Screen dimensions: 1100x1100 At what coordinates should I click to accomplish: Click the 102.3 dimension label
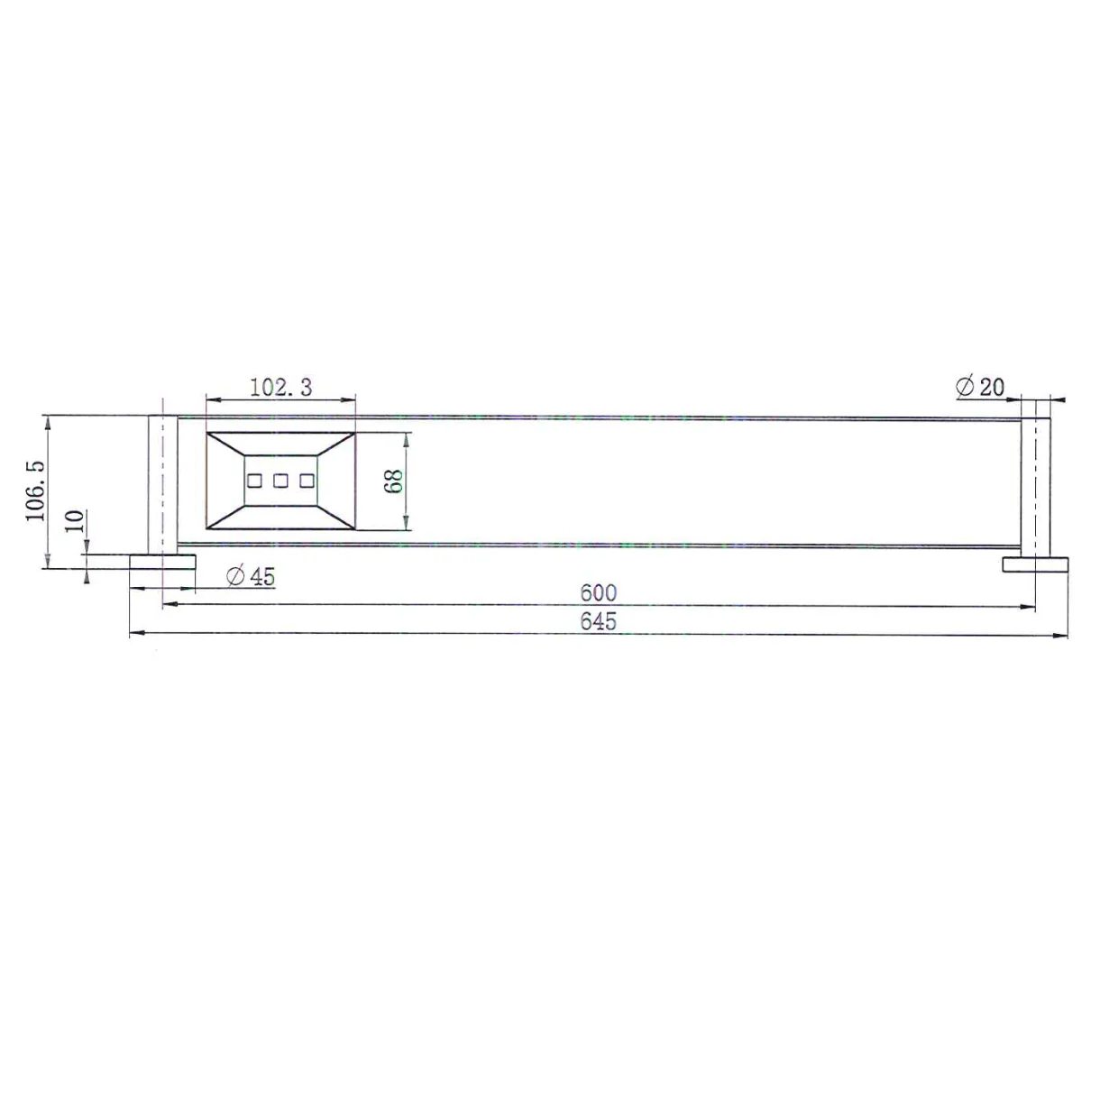tap(280, 388)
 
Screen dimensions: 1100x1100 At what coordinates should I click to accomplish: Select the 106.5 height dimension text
tap(35, 490)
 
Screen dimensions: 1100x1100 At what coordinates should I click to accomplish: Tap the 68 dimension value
tap(393, 481)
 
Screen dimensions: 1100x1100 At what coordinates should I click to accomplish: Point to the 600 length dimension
tap(598, 593)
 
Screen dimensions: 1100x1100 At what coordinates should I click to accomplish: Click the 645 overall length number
tap(598, 621)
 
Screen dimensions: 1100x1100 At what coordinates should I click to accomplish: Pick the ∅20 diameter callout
tap(979, 387)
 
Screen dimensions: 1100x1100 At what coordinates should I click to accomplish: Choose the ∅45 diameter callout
tap(251, 576)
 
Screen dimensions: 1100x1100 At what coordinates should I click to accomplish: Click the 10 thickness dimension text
tap(75, 520)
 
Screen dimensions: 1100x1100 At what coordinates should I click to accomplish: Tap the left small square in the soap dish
tap(254, 481)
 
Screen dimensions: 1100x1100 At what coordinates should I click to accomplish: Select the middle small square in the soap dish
tap(280, 481)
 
